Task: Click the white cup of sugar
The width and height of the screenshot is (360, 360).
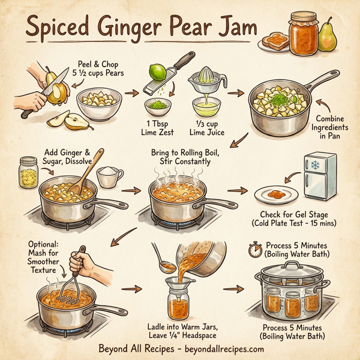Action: click(110, 177)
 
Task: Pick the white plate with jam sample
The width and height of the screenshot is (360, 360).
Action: click(276, 195)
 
